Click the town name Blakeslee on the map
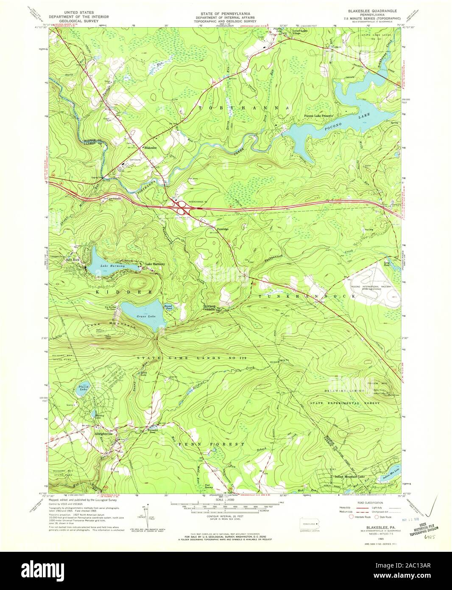tap(152, 148)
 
